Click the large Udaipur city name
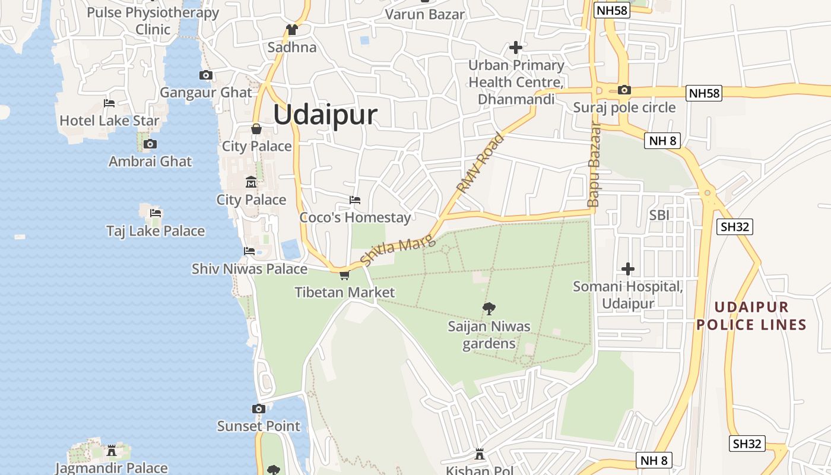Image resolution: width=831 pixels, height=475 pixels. tap(325, 115)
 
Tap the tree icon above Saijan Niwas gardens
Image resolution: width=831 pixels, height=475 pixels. tap(489, 308)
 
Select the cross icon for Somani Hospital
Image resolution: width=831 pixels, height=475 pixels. tap(627, 269)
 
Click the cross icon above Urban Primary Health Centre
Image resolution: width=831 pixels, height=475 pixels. tap(516, 47)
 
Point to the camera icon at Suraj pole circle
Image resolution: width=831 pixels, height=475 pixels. tap(624, 90)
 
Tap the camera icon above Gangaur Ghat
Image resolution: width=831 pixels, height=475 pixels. tap(206, 75)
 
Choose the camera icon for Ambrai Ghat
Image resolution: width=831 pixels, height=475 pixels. tap(150, 144)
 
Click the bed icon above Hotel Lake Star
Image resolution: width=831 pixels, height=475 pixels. tap(109, 103)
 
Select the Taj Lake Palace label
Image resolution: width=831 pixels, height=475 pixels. tap(156, 231)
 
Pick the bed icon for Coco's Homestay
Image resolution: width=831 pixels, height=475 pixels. tap(355, 200)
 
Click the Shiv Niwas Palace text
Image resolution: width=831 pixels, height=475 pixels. tap(249, 269)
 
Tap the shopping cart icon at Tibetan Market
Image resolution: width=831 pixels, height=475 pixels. tap(344, 275)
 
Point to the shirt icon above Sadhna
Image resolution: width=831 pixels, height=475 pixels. tap(291, 30)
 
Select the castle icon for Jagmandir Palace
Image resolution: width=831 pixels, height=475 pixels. tap(111, 451)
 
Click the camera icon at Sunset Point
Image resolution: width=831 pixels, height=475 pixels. tap(258, 408)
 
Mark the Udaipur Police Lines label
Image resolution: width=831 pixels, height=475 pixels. tap(751, 316)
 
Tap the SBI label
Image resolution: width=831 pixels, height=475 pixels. tap(659, 215)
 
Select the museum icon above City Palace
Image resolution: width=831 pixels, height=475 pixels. tap(251, 182)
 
